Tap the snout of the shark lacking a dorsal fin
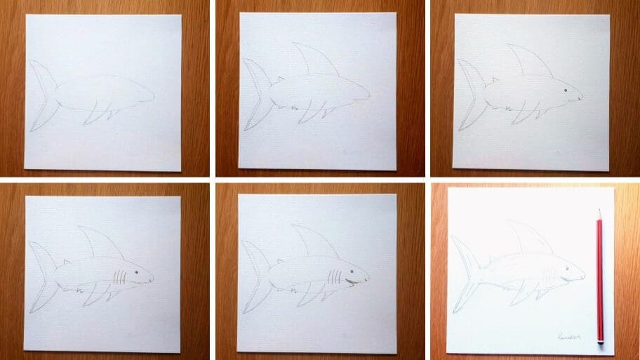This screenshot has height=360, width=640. click(x=150, y=95)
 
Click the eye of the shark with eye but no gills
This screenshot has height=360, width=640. click(x=565, y=91)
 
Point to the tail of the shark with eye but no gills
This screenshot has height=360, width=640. click(x=469, y=94)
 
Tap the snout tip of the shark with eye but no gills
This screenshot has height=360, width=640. click(x=581, y=97)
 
